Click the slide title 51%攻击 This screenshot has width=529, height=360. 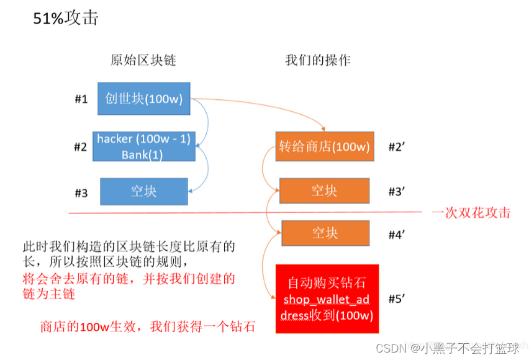click(x=66, y=17)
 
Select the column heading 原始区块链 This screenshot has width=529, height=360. click(x=143, y=60)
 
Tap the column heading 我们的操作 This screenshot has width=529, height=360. click(x=317, y=60)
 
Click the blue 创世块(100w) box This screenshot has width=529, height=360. click(x=143, y=99)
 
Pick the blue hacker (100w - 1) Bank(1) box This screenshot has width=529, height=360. click(x=143, y=147)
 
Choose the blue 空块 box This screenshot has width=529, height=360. click(x=143, y=191)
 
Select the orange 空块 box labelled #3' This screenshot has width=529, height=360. click(x=324, y=191)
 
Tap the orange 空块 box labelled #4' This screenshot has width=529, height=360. click(x=325, y=233)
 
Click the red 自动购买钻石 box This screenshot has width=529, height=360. click(x=327, y=299)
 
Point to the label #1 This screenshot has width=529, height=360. click(x=81, y=99)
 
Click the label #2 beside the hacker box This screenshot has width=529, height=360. click(x=81, y=148)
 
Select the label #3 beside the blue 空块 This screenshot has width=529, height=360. click(x=81, y=192)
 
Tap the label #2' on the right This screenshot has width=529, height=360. click(x=397, y=147)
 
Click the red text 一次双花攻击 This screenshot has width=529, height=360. click(x=471, y=213)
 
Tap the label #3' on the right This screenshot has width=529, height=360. click(x=397, y=191)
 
